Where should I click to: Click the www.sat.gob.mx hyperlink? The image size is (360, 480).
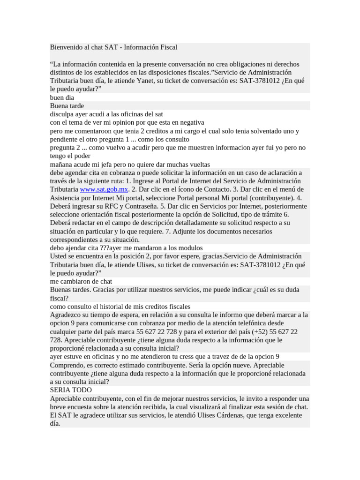(104, 189)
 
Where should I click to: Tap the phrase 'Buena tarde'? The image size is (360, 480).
(67, 106)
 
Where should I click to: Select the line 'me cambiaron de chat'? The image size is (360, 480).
(81, 281)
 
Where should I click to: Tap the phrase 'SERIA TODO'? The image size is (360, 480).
(71, 390)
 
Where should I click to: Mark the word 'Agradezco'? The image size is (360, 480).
(67, 315)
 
